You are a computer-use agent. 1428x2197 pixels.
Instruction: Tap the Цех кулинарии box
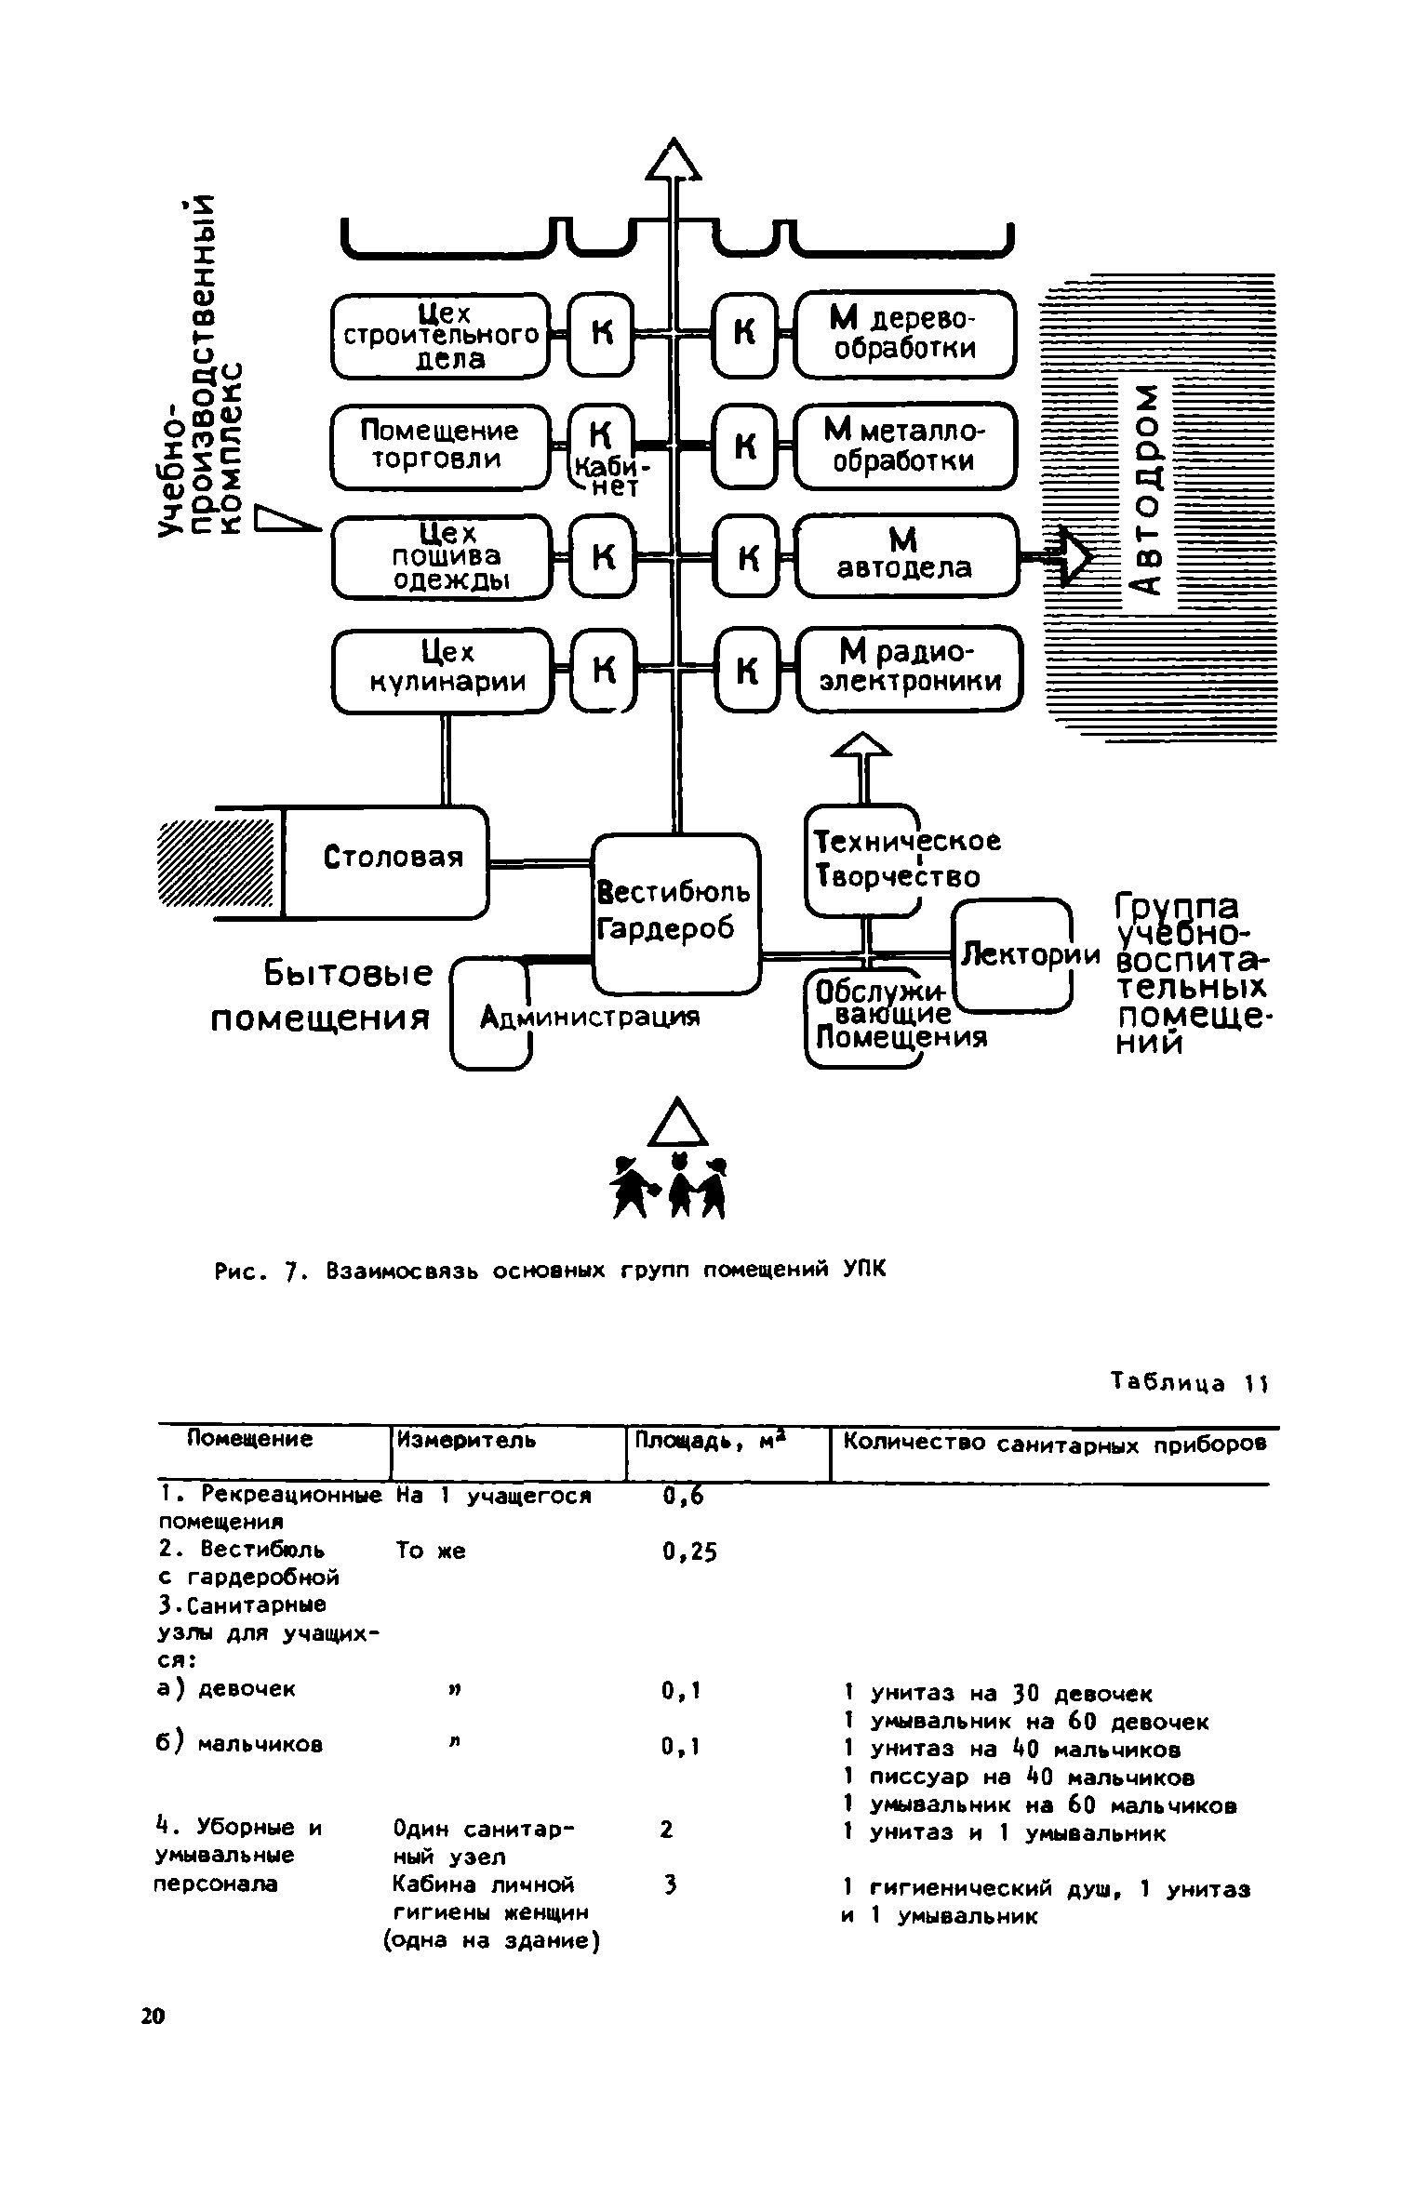click(x=441, y=670)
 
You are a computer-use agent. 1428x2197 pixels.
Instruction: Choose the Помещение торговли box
click(x=440, y=446)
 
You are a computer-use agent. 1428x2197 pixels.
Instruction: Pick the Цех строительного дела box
click(x=440, y=336)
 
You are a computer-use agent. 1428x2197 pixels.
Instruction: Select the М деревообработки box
click(x=904, y=335)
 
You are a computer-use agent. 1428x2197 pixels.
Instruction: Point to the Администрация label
click(x=589, y=1019)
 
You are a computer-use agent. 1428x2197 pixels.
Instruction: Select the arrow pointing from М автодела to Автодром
click(x=1060, y=557)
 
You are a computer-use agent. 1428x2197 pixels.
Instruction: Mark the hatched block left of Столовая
click(x=218, y=861)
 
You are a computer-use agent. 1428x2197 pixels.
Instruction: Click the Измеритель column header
click(x=466, y=1441)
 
